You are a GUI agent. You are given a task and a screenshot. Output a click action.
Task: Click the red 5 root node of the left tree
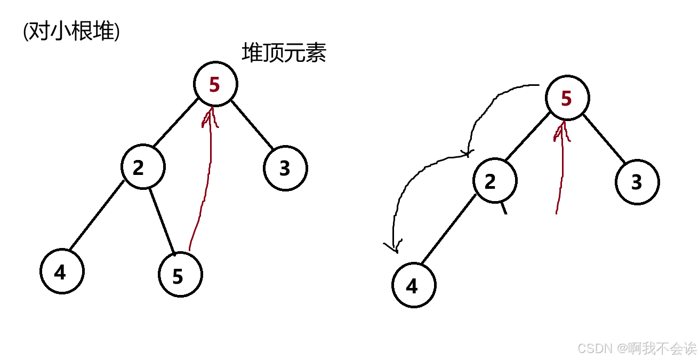point(215,84)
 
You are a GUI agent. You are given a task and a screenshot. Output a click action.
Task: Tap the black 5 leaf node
point(180,275)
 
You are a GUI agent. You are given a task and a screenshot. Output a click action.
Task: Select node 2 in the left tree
point(143,167)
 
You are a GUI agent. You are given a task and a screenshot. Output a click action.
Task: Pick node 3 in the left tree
point(285,168)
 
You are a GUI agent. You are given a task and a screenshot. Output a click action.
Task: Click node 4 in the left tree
point(62,271)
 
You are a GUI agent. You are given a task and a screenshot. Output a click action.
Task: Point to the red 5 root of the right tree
point(567,98)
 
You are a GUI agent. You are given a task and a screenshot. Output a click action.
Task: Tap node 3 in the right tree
point(637,182)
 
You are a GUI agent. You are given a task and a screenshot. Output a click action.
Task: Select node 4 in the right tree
point(413,286)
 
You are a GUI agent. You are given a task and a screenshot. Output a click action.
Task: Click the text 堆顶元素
point(284,53)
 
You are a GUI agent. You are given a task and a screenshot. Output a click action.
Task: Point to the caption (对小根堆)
point(71,31)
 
